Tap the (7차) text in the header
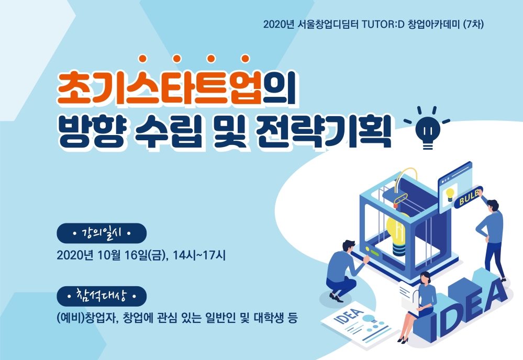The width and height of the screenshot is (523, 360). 473,25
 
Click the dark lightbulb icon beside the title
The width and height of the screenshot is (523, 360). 427,128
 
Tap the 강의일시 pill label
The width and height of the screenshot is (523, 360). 102,233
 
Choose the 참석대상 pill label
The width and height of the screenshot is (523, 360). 102,296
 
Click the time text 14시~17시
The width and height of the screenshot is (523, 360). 199,255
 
